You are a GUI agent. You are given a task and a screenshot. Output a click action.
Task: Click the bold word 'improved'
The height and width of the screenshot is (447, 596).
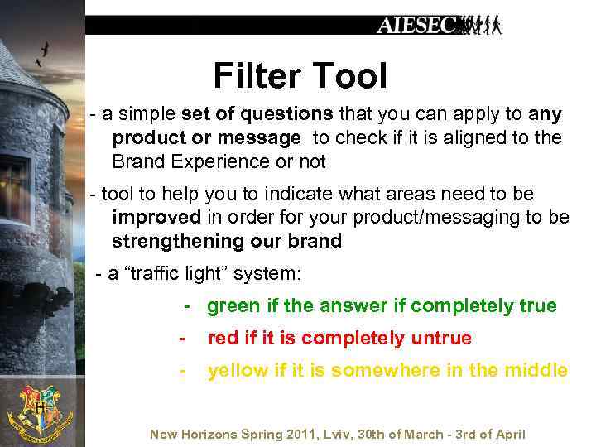156,217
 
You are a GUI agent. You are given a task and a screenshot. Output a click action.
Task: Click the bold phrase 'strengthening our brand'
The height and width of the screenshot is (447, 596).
227,241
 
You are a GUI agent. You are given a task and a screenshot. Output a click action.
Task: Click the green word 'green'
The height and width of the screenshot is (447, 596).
233,306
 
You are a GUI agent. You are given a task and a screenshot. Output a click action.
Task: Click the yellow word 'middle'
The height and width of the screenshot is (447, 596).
537,371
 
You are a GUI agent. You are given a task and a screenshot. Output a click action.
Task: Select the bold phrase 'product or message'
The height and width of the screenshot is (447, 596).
206,137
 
